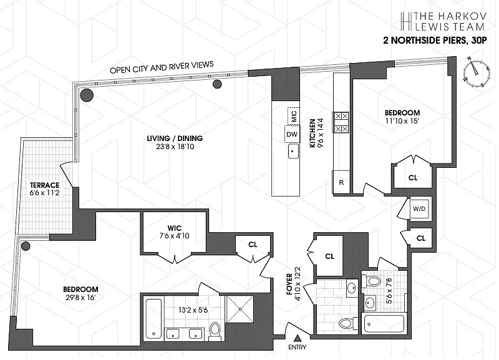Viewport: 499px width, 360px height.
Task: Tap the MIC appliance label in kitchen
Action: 293,115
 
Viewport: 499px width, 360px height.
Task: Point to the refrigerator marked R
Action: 341,182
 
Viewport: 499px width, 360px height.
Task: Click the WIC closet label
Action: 174,227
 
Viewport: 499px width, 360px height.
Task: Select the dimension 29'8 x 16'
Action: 81,299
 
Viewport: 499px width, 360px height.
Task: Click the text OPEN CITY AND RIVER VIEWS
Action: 162,66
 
